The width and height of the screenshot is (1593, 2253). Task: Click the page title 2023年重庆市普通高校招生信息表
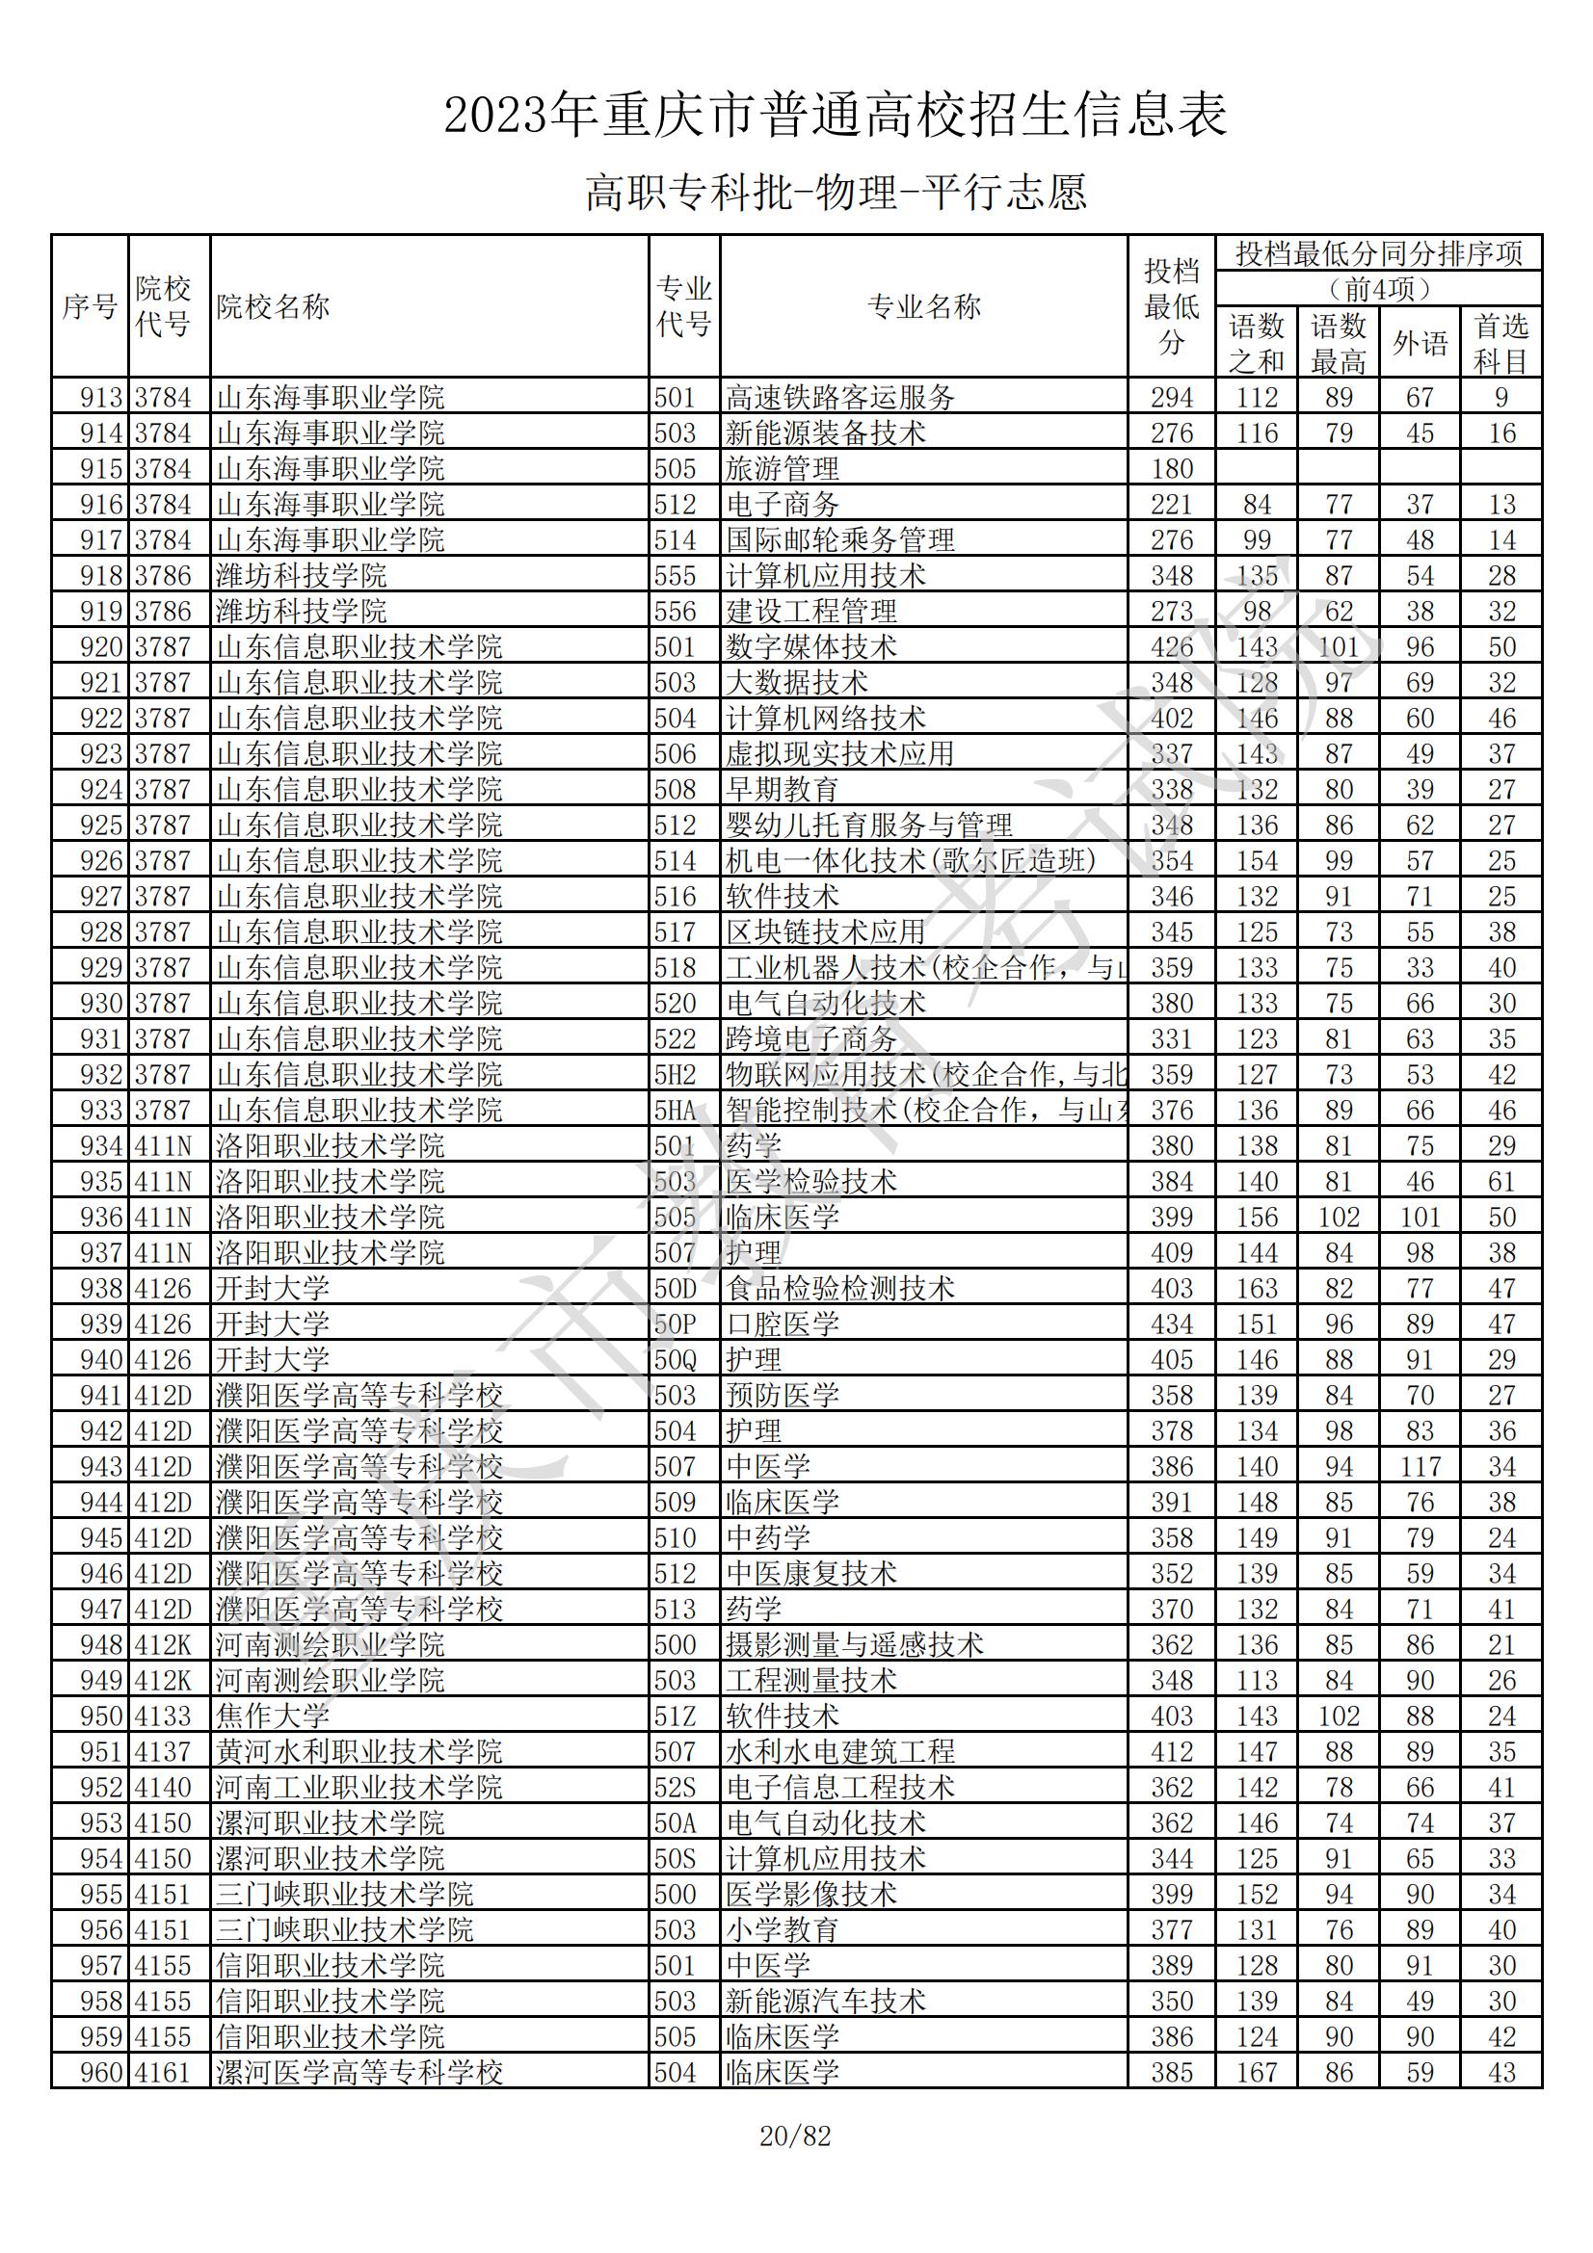[836, 116]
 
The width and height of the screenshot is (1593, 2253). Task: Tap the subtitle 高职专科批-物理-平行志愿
[836, 193]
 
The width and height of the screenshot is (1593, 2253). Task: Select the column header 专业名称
[923, 307]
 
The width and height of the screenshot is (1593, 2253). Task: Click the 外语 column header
[1420, 344]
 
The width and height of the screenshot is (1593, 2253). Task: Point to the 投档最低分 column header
[1171, 307]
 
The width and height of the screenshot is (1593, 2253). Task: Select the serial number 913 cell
[101, 398]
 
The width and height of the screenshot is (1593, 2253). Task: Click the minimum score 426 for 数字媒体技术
[1172, 647]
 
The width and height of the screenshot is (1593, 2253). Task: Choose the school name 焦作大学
[272, 1716]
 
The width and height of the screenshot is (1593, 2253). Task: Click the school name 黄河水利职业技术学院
[358, 1751]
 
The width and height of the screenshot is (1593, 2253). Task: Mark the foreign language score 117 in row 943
[1420, 1467]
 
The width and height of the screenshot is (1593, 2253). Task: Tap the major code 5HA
[676, 1111]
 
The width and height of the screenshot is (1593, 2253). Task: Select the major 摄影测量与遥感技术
[854, 1644]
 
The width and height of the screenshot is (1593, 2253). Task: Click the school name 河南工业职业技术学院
[358, 1787]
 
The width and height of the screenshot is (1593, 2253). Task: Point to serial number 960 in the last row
[101, 2073]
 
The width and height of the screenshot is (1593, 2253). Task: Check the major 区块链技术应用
[826, 932]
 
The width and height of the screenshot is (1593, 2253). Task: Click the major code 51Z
[676, 1716]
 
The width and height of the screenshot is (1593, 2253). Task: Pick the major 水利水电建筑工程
[839, 1751]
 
